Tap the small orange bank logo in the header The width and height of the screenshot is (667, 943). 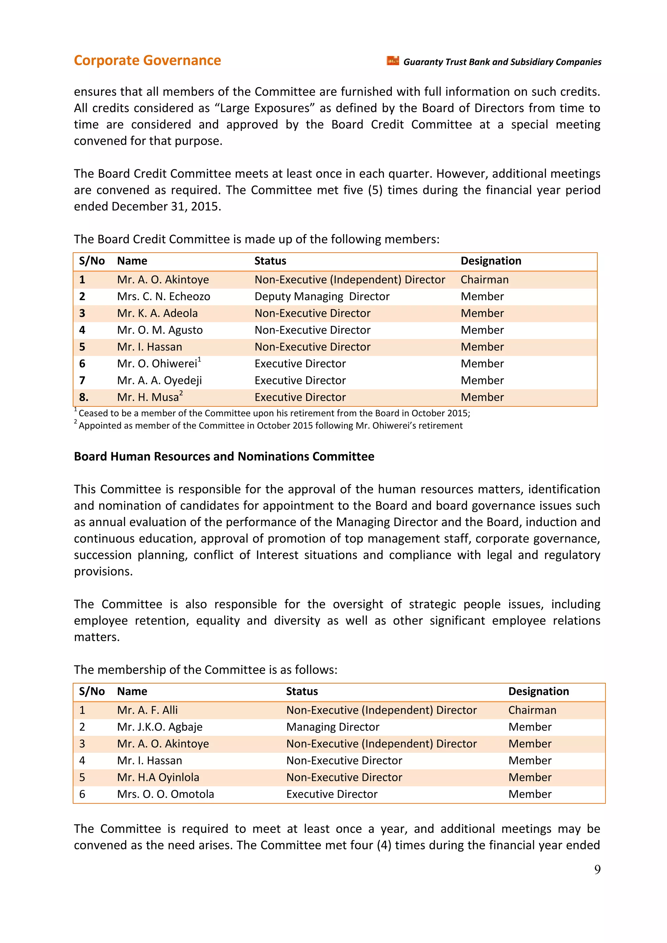point(393,61)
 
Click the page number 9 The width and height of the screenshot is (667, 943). point(597,869)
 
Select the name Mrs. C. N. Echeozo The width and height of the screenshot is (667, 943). point(163,296)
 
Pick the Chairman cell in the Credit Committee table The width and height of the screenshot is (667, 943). point(484,280)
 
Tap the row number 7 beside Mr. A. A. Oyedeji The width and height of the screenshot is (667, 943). point(82,380)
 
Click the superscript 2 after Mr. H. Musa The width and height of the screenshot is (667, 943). point(181,393)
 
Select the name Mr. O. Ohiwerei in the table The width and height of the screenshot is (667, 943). point(157,364)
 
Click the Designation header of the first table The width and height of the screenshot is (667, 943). point(490,261)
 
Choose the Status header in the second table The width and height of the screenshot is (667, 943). point(302,691)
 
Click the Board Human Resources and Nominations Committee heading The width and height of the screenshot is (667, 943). point(224,456)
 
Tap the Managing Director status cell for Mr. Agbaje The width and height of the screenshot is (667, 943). point(332,727)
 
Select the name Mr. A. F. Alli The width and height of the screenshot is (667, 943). point(147,710)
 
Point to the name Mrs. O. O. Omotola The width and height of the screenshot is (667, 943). point(165,794)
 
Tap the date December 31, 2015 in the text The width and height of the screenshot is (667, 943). point(166,206)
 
